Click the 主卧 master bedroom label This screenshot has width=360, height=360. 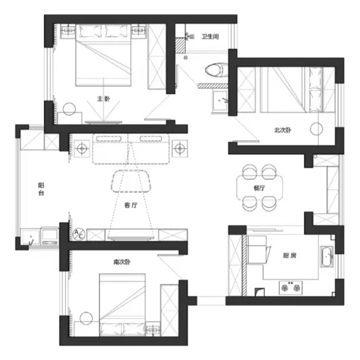click(x=104, y=99)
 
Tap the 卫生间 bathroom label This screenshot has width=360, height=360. click(x=210, y=37)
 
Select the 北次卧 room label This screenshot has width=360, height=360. click(x=283, y=130)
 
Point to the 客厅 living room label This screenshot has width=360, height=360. click(x=131, y=205)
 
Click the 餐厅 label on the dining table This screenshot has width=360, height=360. click(x=259, y=188)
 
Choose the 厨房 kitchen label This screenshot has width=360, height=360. click(x=290, y=255)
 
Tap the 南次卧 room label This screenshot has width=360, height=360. click(x=122, y=262)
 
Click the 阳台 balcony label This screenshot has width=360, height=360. click(x=41, y=189)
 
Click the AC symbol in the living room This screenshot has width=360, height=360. click(x=79, y=234)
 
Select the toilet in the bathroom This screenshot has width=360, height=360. click(x=216, y=70)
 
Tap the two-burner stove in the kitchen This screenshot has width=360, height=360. click(x=291, y=287)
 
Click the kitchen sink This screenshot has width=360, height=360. click(x=326, y=256)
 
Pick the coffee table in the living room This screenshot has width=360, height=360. click(x=131, y=181)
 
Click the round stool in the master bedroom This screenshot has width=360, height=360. click(x=69, y=109)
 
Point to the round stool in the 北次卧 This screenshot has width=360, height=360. click(x=316, y=129)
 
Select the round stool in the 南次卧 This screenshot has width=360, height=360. click(x=86, y=318)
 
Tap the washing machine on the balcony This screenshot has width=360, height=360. click(x=50, y=235)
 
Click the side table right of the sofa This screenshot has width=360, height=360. click(x=180, y=148)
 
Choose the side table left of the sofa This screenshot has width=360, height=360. click(x=82, y=148)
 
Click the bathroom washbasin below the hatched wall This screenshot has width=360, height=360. click(x=220, y=101)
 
